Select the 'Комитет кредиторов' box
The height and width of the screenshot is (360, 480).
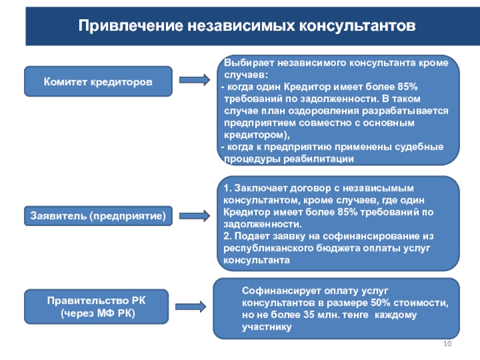(x=98, y=81)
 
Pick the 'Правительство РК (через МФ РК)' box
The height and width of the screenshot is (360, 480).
(x=98, y=307)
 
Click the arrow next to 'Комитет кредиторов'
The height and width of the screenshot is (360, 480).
(x=194, y=80)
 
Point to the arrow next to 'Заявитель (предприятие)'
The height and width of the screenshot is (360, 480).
(x=194, y=215)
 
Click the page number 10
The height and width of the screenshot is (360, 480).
(x=446, y=343)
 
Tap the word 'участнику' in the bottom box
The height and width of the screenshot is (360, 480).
(x=267, y=326)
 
